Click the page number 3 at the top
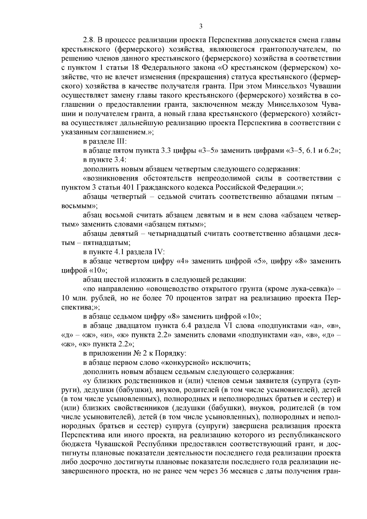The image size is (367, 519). pyautogui.click(x=201, y=26)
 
